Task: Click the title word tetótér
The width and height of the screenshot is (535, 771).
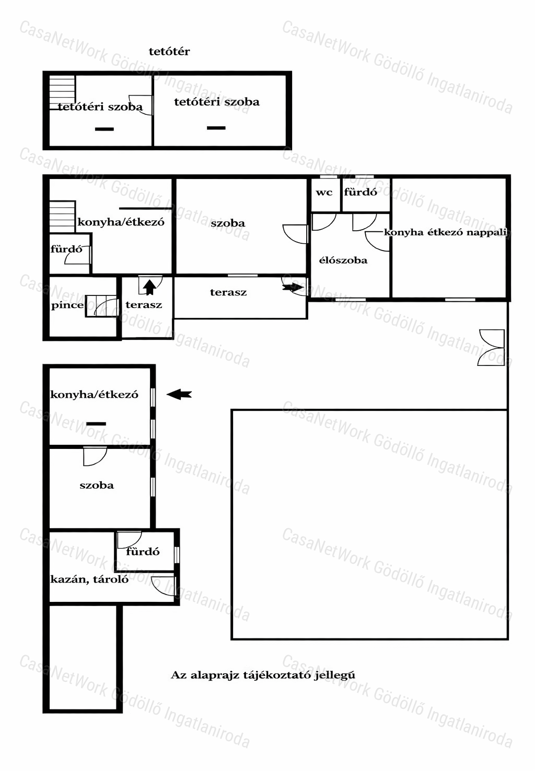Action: (169, 52)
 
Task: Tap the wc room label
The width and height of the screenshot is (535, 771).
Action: (324, 193)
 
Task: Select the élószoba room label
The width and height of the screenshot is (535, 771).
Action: (343, 260)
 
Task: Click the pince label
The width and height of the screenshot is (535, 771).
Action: (67, 305)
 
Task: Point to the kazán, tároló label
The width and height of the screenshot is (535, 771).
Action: (89, 579)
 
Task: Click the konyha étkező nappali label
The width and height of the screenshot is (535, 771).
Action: (446, 232)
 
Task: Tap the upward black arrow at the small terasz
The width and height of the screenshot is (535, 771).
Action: (149, 288)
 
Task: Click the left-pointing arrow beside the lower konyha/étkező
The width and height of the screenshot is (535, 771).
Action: (179, 395)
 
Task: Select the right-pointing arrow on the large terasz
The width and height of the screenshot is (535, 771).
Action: (293, 288)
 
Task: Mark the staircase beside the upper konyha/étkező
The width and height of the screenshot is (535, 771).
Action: (62, 217)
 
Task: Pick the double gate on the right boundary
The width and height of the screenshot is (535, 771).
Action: (492, 348)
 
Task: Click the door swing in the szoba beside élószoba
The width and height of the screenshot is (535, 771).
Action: (295, 234)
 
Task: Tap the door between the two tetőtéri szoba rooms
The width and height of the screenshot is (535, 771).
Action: (141, 105)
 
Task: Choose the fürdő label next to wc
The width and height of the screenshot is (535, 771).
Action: (360, 193)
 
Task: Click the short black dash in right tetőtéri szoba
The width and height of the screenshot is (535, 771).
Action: (216, 128)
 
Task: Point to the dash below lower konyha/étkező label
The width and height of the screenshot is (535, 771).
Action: (96, 424)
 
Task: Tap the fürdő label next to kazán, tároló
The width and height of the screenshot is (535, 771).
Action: (143, 552)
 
